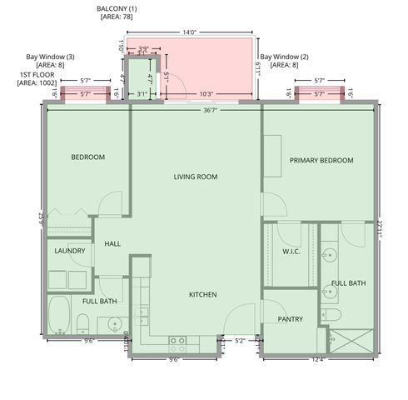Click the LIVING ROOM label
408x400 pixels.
196,177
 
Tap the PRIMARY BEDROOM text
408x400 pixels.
321,161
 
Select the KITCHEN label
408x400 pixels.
202,295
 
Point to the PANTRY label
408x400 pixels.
291,319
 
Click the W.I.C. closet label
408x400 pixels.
291,252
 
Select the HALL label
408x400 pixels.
113,244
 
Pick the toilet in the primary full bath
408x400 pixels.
331,313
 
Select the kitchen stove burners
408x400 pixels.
177,340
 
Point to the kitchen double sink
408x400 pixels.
142,315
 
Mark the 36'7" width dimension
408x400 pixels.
213,111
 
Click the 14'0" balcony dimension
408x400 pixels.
189,32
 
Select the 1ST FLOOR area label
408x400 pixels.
37,78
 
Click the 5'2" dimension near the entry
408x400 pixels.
240,340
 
